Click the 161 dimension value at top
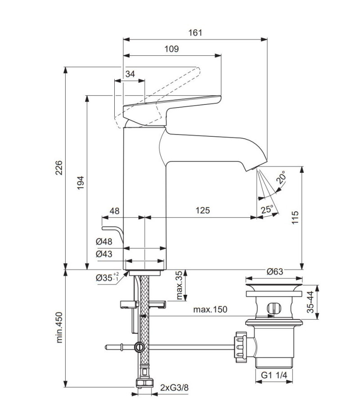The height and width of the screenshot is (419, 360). pyautogui.click(x=195, y=33)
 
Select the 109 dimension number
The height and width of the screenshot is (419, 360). pyautogui.click(x=172, y=49)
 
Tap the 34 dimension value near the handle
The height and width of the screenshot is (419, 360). pyautogui.click(x=130, y=74)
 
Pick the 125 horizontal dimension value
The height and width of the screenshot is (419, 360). pyautogui.click(x=203, y=210)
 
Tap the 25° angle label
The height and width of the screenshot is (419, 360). pyautogui.click(x=267, y=209)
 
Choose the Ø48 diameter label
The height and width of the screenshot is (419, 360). pyautogui.click(x=104, y=242)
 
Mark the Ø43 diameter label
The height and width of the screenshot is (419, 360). pyautogui.click(x=104, y=254)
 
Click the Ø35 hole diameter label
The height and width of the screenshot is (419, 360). pyautogui.click(x=106, y=277)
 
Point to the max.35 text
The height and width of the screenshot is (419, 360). pyautogui.click(x=180, y=285)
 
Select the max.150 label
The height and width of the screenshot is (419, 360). pyautogui.click(x=210, y=310)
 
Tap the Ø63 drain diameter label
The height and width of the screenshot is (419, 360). pyautogui.click(x=274, y=271)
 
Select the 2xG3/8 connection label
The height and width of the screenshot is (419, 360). pyautogui.click(x=175, y=387)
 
